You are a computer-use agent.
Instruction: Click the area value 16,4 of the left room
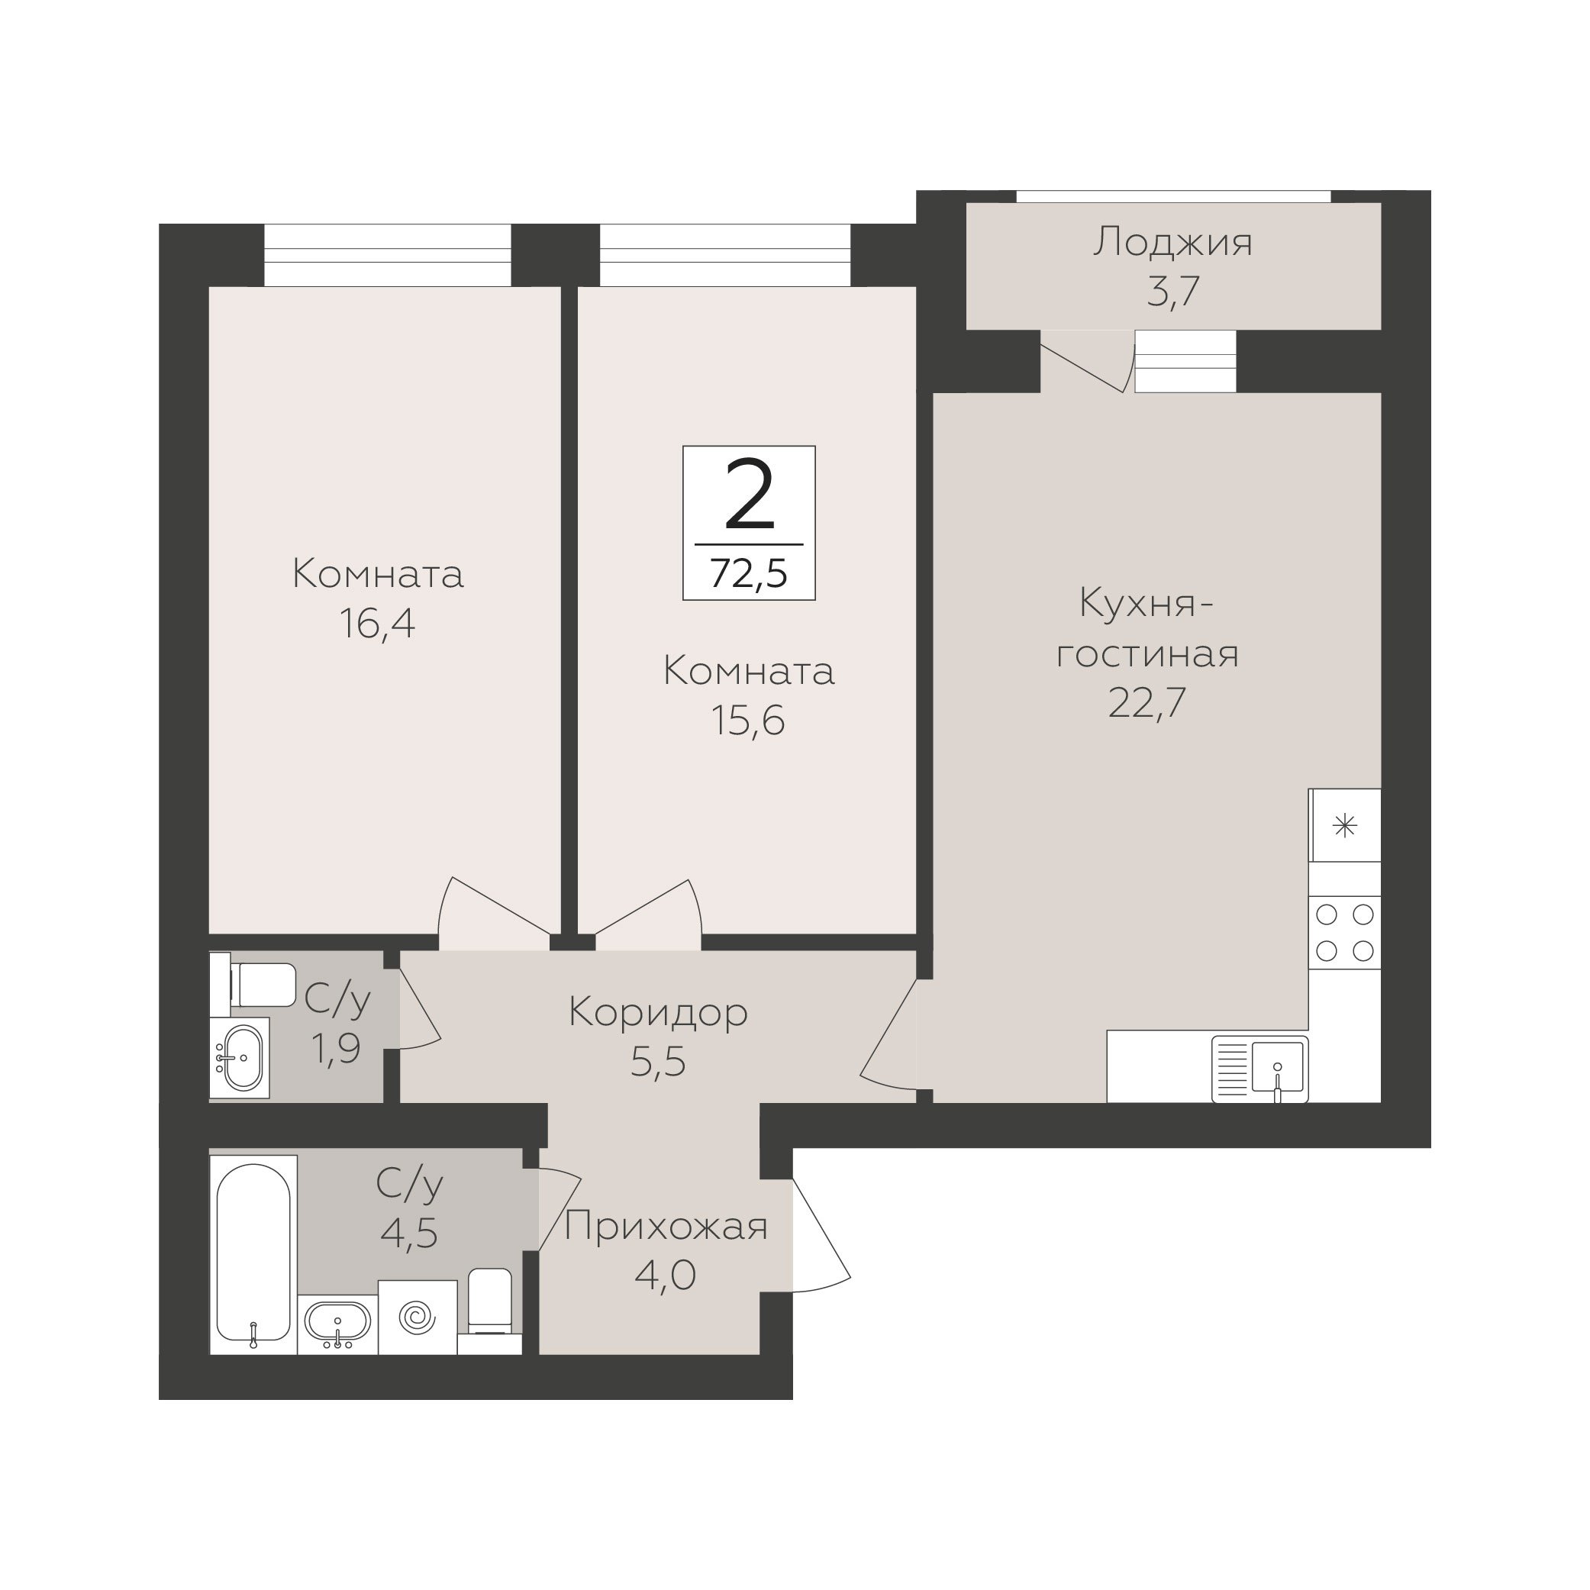click(377, 624)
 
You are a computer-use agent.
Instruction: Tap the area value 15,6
click(748, 721)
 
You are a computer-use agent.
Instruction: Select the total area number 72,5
click(749, 572)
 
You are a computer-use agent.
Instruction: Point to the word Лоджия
click(1172, 243)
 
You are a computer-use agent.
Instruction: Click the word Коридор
click(659, 1013)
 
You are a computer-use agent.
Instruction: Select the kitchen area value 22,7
click(1147, 702)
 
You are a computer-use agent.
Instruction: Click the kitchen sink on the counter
click(1260, 1068)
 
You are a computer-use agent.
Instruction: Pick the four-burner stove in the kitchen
click(1345, 933)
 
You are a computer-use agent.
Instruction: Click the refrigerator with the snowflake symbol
click(1345, 825)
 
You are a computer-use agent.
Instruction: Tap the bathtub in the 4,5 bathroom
click(253, 1255)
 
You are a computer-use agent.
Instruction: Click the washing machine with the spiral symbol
click(418, 1317)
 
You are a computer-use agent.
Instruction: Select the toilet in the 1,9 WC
click(253, 984)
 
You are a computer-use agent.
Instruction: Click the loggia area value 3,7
click(1173, 292)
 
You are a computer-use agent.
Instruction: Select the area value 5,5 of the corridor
click(659, 1063)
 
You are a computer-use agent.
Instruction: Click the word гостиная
click(1147, 654)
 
